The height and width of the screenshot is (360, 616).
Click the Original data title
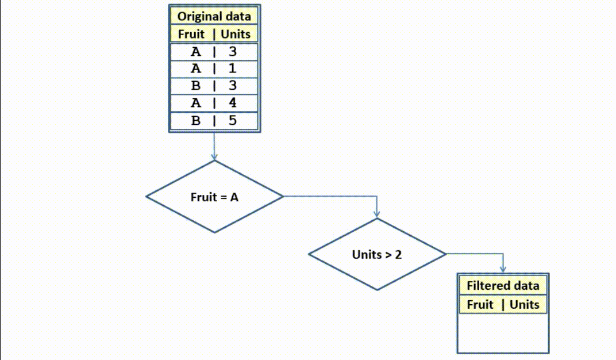[x=214, y=16]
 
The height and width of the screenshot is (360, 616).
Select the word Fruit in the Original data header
[x=191, y=34]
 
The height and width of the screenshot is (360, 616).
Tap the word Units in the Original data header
[x=236, y=34]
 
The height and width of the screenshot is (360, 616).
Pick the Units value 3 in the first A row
[x=233, y=52]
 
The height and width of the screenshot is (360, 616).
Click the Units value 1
[x=233, y=69]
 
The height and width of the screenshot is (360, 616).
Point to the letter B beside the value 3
[x=196, y=86]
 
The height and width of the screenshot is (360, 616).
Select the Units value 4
[x=233, y=104]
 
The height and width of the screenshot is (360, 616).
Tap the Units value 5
[x=233, y=121]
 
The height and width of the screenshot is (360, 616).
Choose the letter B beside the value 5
[x=196, y=121]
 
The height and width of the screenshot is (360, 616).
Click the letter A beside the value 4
[x=196, y=104]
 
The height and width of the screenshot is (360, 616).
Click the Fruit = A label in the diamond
[x=214, y=197]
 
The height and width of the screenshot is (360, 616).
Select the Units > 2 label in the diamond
[x=377, y=254]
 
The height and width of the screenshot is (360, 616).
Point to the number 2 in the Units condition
[x=398, y=254]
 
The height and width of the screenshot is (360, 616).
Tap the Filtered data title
[x=503, y=286]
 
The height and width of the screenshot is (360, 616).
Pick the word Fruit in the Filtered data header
[x=480, y=304]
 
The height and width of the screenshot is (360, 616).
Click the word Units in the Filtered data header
[x=524, y=304]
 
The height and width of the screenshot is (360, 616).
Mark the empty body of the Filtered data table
[x=503, y=333]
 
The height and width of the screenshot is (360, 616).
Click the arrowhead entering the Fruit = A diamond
[x=214, y=157]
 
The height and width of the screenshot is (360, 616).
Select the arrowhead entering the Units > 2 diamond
[x=377, y=215]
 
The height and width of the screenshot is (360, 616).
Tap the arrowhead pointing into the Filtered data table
[x=503, y=270]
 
